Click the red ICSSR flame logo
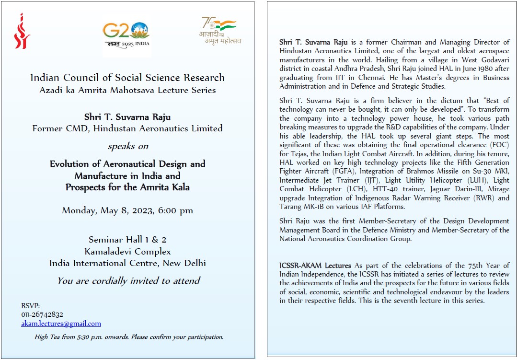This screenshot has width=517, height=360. click(22, 31)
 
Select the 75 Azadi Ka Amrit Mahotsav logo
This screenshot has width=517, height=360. click(220, 31)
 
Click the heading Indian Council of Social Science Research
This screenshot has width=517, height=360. click(127, 78)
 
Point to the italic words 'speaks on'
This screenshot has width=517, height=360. click(128, 146)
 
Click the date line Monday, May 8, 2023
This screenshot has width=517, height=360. click(127, 210)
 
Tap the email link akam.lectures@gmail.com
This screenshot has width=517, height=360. click(61, 324)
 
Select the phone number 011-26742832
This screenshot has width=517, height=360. click(42, 314)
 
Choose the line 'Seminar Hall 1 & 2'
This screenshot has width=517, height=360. click(127, 240)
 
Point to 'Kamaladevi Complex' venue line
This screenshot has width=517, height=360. click(127, 251)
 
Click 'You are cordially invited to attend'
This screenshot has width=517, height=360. click(128, 281)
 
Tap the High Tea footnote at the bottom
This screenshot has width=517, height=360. click(129, 337)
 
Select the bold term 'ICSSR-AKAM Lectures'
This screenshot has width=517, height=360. click(315, 266)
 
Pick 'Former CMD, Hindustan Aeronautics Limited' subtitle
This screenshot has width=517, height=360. click(127, 128)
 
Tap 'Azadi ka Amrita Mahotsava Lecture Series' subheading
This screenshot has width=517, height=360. click(127, 90)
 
